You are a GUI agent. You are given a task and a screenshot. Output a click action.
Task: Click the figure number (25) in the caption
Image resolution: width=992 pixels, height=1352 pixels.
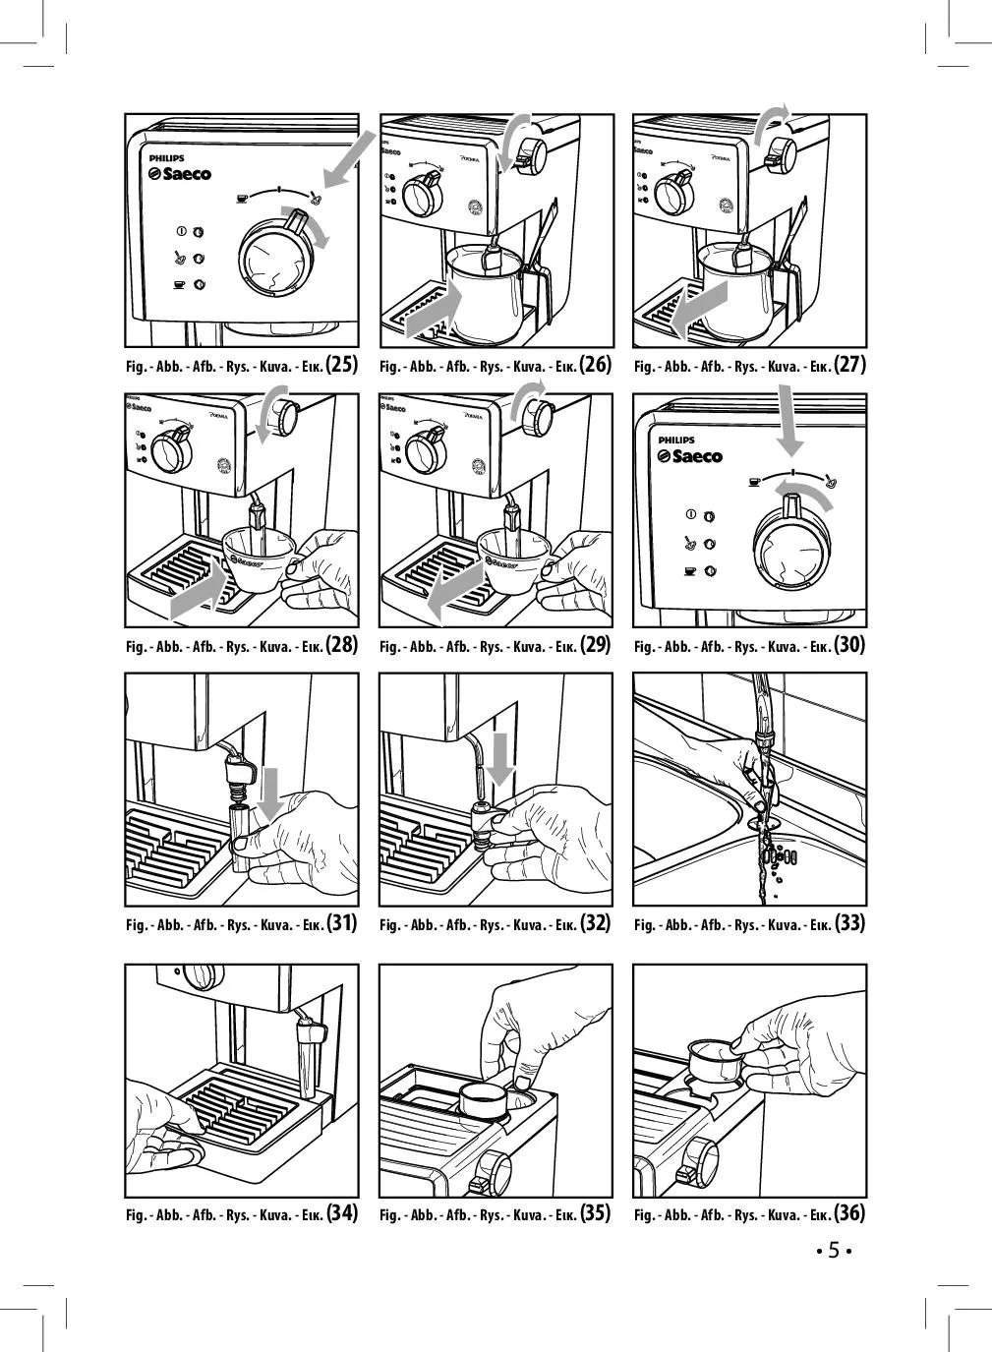click(341, 365)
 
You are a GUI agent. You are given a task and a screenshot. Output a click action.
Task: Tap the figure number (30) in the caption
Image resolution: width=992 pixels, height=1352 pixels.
click(849, 645)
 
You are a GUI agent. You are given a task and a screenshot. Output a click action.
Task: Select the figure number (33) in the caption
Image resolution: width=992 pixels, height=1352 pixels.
click(849, 923)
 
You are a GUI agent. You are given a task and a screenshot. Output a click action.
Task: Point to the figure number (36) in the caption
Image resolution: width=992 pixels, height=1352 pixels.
click(849, 1213)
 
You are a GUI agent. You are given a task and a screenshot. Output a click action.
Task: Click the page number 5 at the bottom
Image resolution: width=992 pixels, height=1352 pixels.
click(833, 1251)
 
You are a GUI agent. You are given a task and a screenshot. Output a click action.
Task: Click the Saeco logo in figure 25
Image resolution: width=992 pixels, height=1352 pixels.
click(180, 174)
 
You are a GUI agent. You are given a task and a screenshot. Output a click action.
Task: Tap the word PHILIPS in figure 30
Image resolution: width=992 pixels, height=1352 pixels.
click(676, 440)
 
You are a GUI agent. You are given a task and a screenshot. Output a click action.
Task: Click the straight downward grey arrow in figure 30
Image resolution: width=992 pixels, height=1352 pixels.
click(787, 421)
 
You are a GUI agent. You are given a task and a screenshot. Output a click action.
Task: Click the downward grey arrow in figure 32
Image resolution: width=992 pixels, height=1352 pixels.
click(499, 759)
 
